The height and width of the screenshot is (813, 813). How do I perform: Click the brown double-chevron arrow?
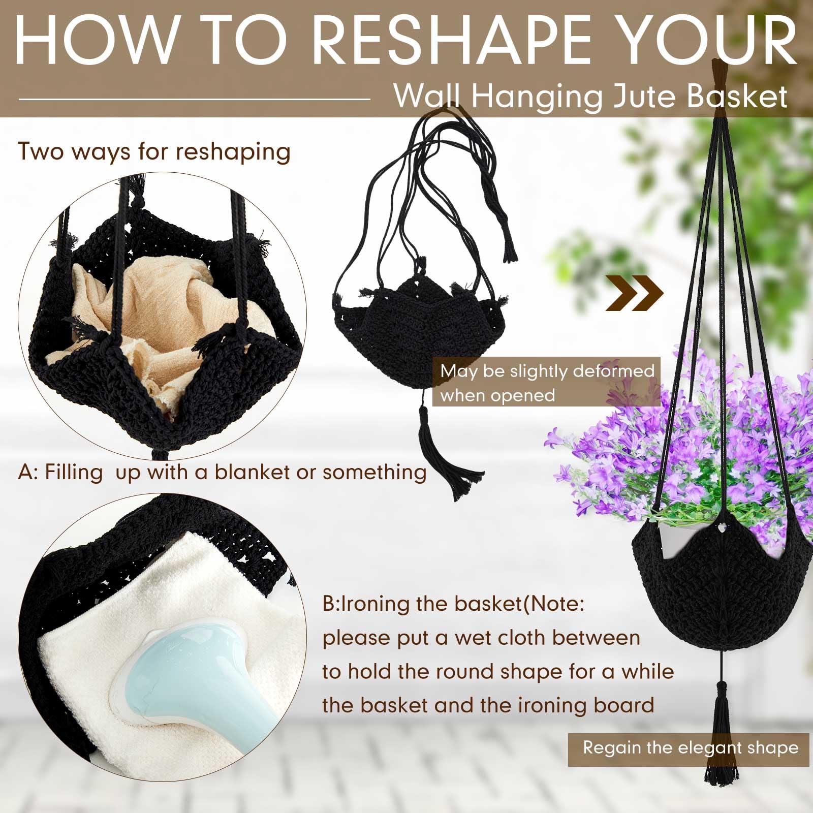pyautogui.click(x=635, y=293)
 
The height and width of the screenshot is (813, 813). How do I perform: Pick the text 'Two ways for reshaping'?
pyautogui.click(x=154, y=151)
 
